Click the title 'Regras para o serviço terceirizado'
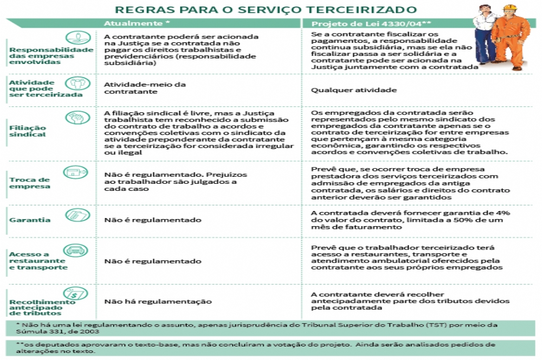click(x=266, y=9)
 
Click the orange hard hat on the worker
click(x=508, y=9)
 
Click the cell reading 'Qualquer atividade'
click(x=343, y=91)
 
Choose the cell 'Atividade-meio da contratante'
click(x=145, y=88)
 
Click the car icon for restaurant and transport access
click(x=76, y=250)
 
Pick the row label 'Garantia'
click(x=30, y=220)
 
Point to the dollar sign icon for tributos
click(x=76, y=293)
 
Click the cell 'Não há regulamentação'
click(x=158, y=301)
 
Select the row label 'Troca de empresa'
click(x=29, y=183)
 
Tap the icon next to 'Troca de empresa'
click(x=76, y=173)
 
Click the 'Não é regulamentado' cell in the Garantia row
click(x=152, y=220)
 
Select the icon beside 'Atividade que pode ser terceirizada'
click(x=77, y=83)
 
